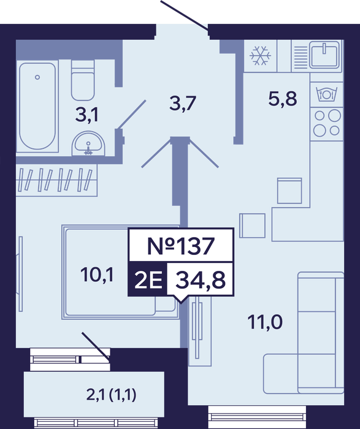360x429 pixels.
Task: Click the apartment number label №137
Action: click(181, 246)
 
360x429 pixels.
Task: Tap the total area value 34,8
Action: click(201, 280)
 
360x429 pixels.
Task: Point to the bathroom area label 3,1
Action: click(86, 115)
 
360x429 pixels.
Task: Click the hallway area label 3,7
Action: click(183, 104)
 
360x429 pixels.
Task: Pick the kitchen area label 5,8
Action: click(283, 99)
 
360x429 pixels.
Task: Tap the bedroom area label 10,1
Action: click(97, 275)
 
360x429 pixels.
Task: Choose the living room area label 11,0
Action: click(265, 322)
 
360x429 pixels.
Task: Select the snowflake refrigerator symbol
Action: click(260, 56)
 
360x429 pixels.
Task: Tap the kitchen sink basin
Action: click(325, 55)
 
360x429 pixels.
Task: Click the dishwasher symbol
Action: click(326, 94)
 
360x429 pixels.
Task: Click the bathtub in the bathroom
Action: click(37, 106)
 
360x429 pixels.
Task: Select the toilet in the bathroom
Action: click(83, 80)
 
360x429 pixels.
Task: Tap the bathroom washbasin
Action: click(88, 144)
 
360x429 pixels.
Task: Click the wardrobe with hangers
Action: click(56, 180)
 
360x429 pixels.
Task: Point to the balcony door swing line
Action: click(96, 346)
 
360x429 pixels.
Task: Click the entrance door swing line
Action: click(185, 15)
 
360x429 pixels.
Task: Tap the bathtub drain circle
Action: click(37, 77)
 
